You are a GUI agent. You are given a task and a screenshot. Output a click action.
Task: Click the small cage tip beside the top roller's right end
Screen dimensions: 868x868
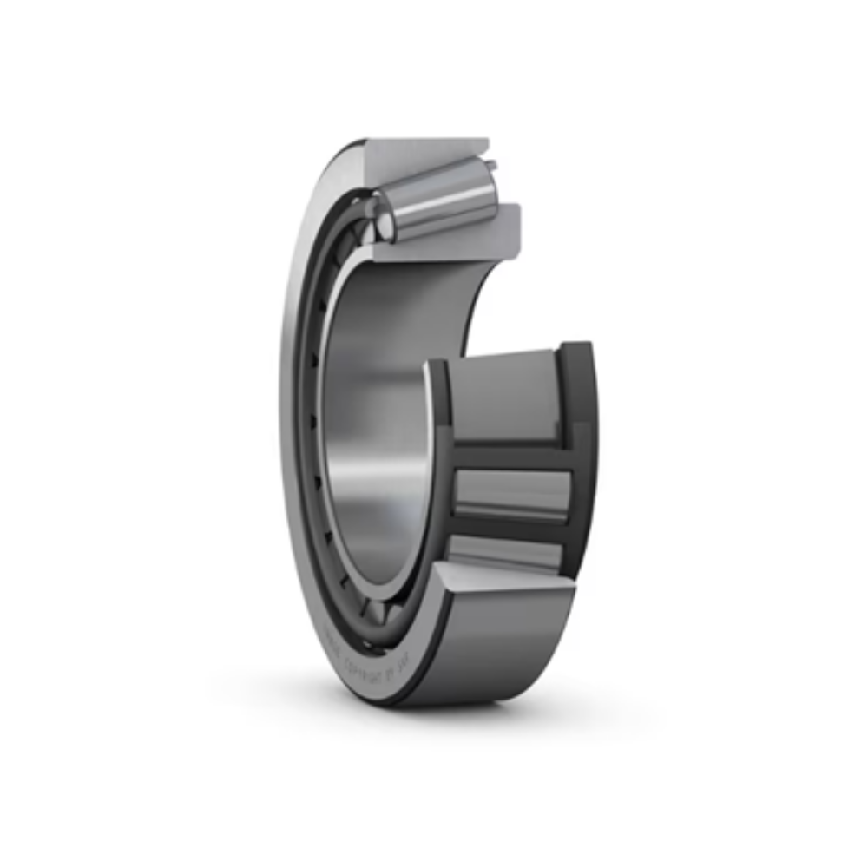tap(492, 166)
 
